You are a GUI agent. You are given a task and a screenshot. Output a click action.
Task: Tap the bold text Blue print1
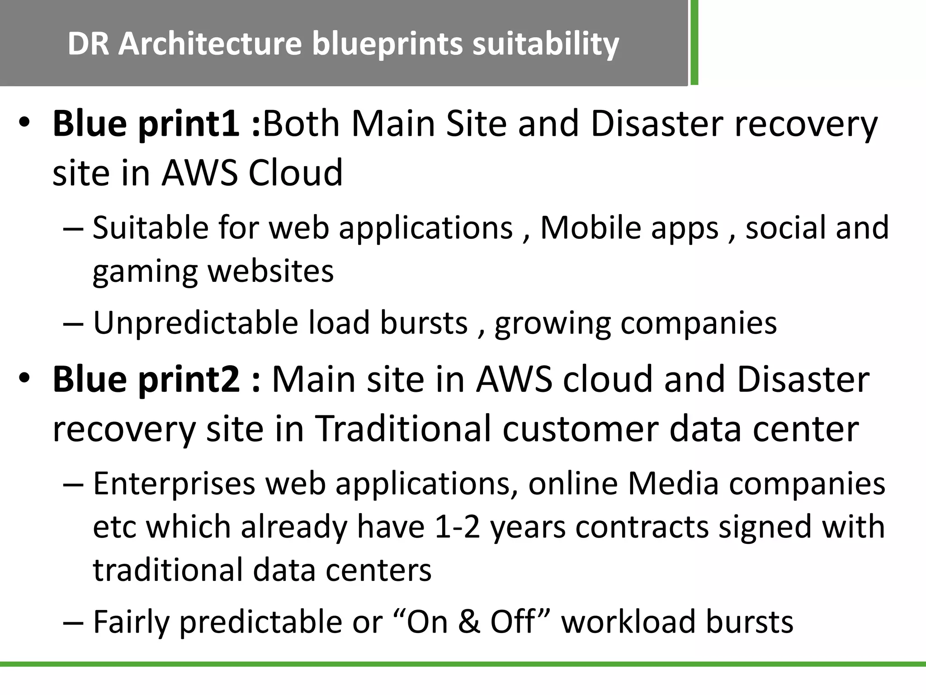146,124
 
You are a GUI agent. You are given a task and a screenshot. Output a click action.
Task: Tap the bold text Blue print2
146,379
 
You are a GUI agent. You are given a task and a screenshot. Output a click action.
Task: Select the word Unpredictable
195,323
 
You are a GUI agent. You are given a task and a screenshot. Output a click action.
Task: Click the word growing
552,324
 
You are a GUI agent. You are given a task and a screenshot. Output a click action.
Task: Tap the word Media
673,483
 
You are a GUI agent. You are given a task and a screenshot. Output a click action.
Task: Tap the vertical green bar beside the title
694,43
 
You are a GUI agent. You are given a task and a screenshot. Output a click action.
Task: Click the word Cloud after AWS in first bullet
296,172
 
